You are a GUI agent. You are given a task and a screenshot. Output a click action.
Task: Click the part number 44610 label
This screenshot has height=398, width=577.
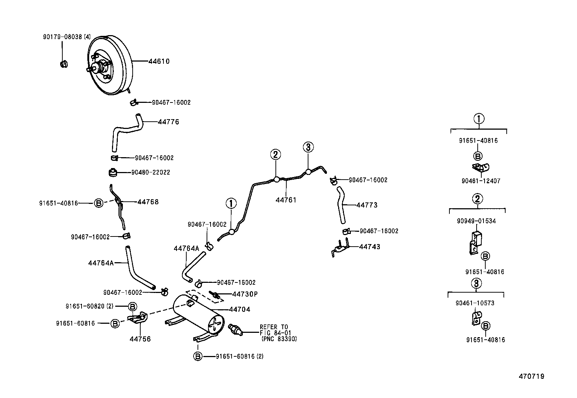click(x=159, y=62)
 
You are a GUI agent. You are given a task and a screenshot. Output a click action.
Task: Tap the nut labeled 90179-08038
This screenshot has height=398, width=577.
click(x=64, y=64)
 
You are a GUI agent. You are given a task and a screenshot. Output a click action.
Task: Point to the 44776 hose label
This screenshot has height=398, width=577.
click(x=169, y=122)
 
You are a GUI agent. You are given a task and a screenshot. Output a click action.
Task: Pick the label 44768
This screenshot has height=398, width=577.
click(x=148, y=202)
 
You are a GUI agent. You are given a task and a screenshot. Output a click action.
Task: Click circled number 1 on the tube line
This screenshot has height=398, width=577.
click(x=231, y=204)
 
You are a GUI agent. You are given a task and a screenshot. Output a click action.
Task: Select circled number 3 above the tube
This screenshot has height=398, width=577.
click(x=308, y=147)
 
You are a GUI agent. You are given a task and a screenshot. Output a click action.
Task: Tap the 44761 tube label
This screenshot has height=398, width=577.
click(x=286, y=200)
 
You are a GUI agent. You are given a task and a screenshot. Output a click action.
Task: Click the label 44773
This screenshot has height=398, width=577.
click(x=367, y=205)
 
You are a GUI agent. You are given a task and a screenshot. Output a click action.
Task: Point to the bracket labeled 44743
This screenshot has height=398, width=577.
click(x=340, y=248)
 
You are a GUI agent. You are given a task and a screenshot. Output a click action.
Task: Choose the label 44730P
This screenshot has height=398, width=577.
click(x=245, y=294)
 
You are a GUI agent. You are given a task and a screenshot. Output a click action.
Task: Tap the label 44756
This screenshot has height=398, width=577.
click(x=140, y=339)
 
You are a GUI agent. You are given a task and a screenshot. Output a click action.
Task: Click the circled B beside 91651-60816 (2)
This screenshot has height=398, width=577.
click(x=198, y=356)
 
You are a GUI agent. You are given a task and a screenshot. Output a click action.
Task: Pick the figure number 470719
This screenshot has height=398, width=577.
click(x=531, y=377)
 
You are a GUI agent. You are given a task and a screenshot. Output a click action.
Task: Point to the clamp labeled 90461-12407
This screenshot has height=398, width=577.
click(x=481, y=167)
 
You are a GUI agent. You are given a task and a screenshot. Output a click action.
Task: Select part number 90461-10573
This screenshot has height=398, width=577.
click(x=475, y=303)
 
